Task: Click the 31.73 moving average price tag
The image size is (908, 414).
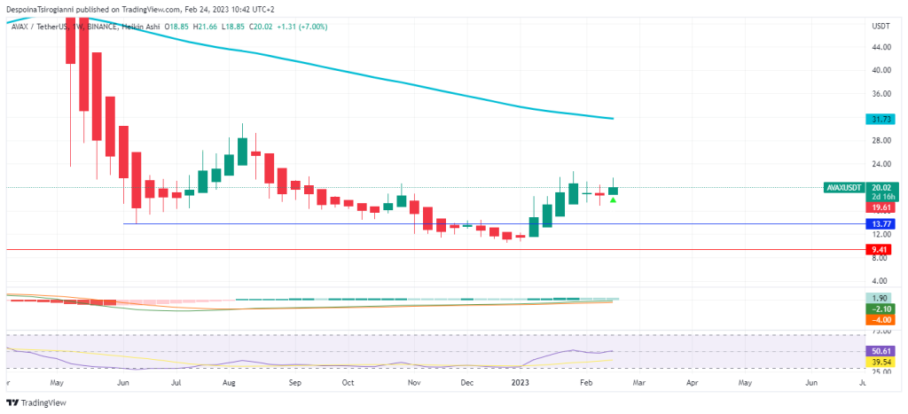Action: pos(881,119)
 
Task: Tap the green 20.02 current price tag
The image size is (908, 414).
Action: pos(881,187)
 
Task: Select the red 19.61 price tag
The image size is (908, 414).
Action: pos(881,207)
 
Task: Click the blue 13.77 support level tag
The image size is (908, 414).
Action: pos(881,224)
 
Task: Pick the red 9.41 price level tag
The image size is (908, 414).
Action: pos(881,250)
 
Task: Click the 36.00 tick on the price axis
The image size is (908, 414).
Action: pos(881,94)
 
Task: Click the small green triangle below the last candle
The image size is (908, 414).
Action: pos(613,200)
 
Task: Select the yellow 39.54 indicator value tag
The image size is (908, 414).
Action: pos(881,363)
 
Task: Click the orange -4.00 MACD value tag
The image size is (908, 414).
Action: pos(881,319)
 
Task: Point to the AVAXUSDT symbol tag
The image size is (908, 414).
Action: pos(844,187)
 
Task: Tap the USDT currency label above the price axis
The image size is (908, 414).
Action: pos(881,27)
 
